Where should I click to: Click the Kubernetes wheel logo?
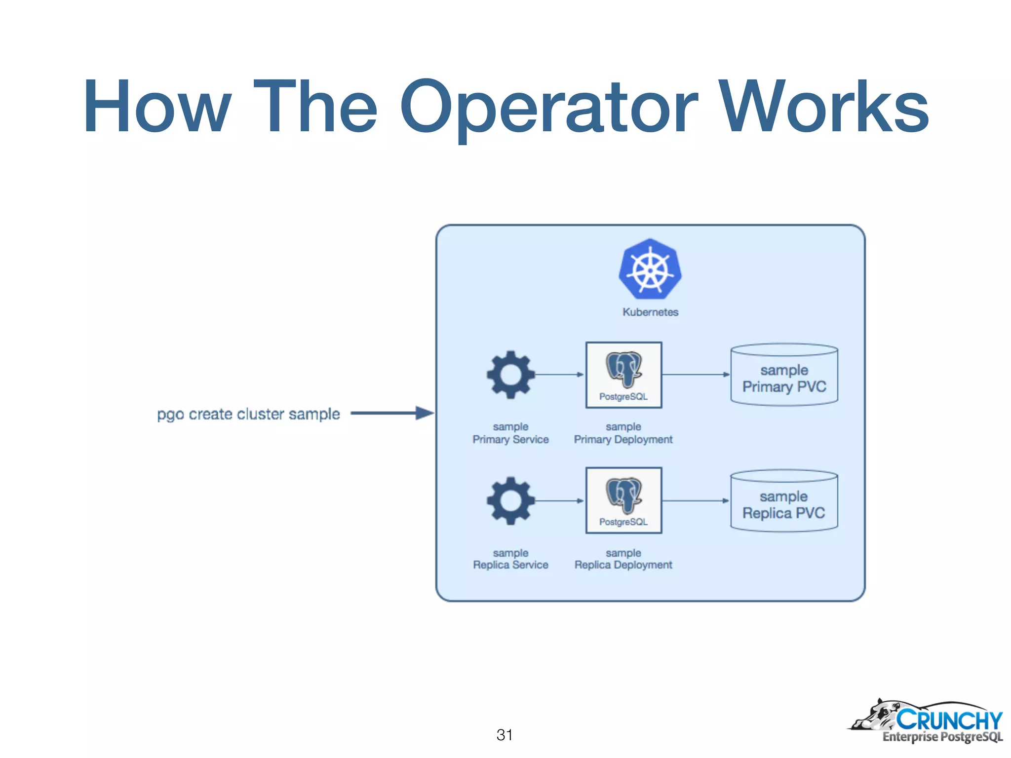[650, 269]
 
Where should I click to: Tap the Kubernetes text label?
[650, 312]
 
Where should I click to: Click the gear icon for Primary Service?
[510, 375]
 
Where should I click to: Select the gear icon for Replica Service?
[510, 500]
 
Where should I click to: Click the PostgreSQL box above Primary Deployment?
[623, 375]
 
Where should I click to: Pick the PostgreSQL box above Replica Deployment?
[623, 500]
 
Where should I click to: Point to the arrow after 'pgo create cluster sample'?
[392, 413]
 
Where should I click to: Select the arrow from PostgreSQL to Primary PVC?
[696, 375]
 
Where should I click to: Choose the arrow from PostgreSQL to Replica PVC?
[696, 501]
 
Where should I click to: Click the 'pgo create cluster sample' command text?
[248, 414]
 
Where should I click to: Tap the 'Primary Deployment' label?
[623, 439]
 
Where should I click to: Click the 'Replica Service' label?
[510, 565]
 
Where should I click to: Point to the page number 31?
[504, 735]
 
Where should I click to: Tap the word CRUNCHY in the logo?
[949, 720]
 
